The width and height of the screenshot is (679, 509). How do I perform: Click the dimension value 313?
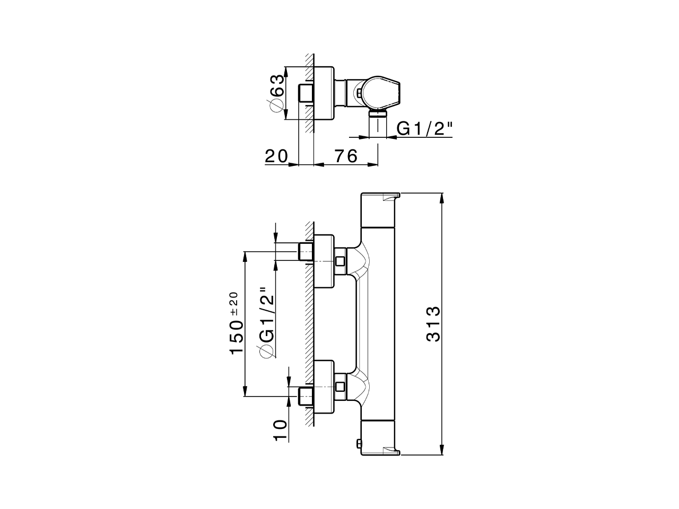click(433, 324)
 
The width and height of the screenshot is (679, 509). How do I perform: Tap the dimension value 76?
click(345, 156)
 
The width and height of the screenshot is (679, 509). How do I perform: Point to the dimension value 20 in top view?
click(276, 156)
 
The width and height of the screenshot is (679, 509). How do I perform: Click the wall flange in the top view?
click(324, 93)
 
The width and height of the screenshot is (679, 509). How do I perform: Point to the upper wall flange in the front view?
click(324, 261)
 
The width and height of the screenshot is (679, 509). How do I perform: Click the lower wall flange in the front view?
click(324, 386)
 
